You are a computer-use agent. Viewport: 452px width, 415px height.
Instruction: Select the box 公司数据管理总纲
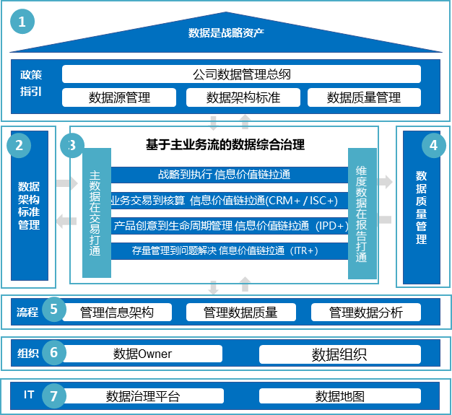tap(241, 74)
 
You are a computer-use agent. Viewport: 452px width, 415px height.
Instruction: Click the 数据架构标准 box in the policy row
tap(243, 97)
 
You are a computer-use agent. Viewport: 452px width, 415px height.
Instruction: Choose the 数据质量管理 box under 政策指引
tap(364, 97)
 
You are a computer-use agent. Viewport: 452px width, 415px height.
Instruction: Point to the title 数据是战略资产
tap(226, 32)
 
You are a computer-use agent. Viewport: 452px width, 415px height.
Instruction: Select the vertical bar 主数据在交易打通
tap(96, 213)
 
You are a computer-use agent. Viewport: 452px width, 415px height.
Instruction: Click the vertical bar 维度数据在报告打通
tap(362, 213)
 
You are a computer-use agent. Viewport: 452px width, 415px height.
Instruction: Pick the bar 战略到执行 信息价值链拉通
tap(230, 174)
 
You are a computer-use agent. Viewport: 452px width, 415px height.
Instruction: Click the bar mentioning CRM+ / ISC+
tap(230, 200)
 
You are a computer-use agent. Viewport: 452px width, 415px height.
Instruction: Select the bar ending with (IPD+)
tap(230, 226)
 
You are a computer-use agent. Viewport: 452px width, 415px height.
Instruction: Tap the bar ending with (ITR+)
tap(230, 251)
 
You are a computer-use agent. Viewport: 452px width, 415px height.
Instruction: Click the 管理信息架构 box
tap(117, 313)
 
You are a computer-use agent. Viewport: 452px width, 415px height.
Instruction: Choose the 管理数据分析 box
tap(366, 313)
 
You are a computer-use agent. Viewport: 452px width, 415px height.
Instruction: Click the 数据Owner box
tap(142, 354)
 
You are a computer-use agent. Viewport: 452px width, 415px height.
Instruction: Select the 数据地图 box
tap(339, 396)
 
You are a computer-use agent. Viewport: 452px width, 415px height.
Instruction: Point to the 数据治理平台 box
tap(142, 396)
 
